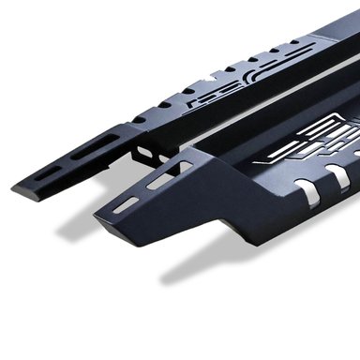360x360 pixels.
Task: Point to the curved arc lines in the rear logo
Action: pos(202,75)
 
